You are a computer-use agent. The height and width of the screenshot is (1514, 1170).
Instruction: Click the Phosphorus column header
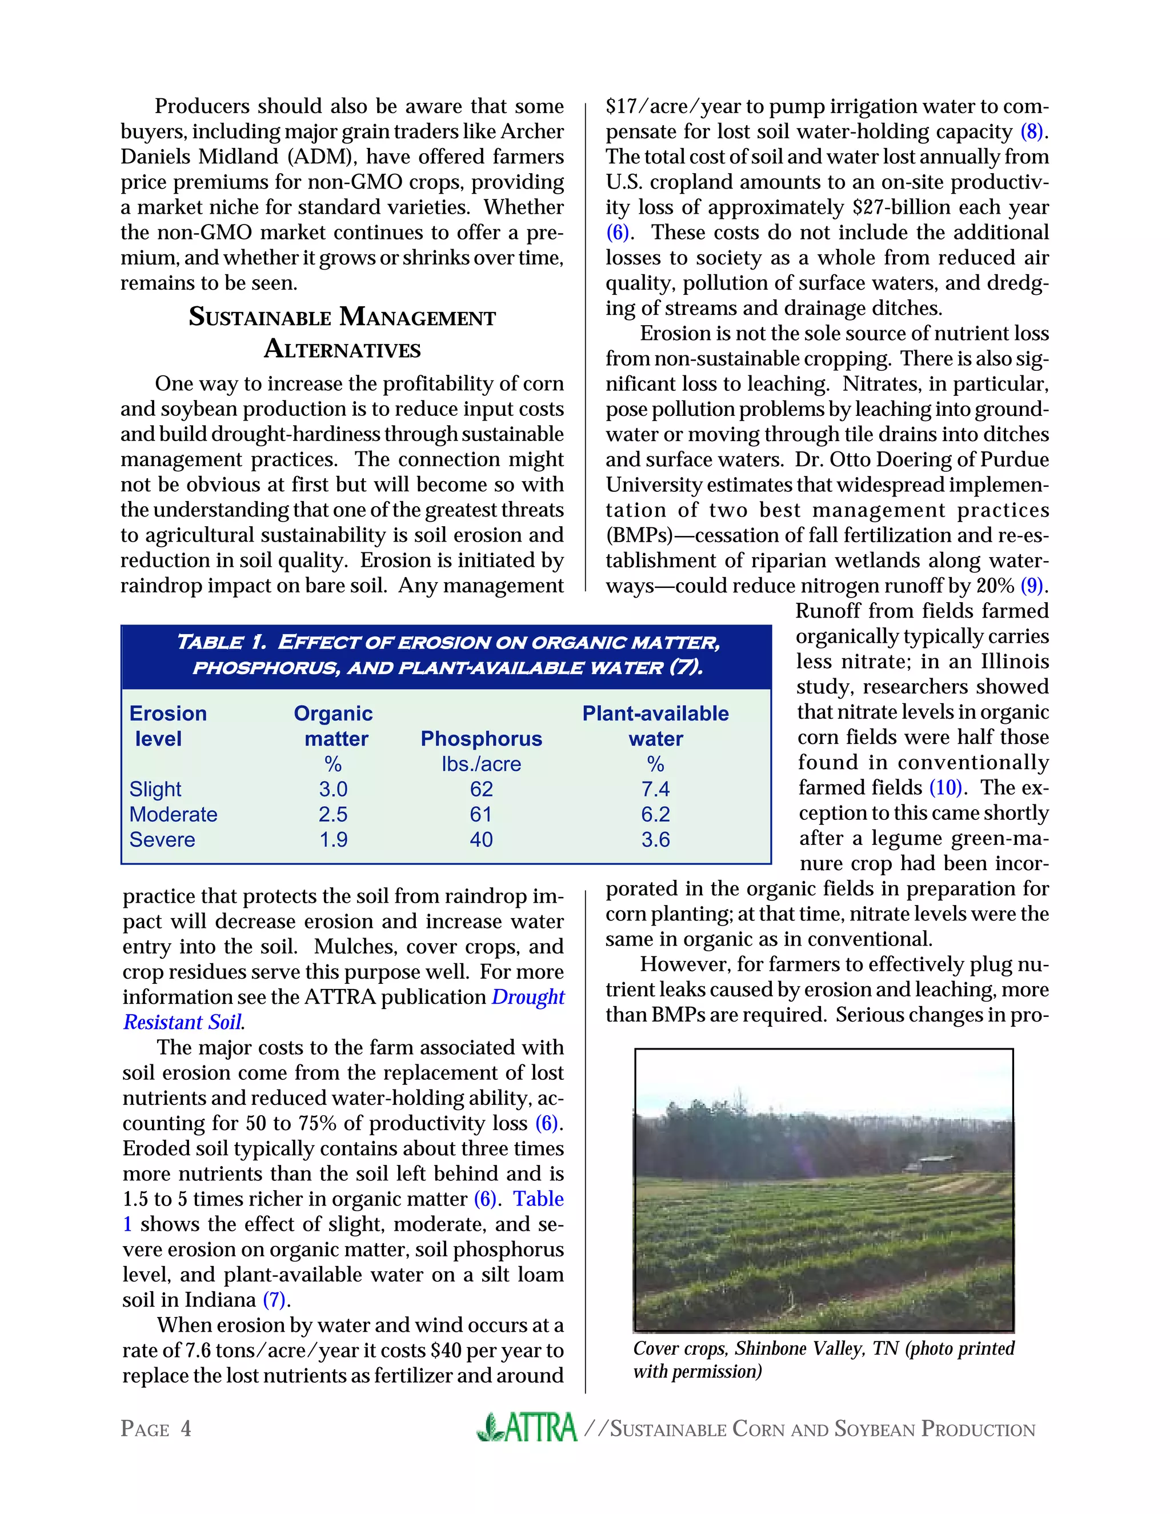point(481,738)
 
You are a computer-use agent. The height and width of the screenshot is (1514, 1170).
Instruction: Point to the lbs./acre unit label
point(481,764)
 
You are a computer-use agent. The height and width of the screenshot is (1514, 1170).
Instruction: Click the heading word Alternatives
point(342,349)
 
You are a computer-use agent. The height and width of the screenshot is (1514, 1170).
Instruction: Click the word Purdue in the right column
point(1015,459)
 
